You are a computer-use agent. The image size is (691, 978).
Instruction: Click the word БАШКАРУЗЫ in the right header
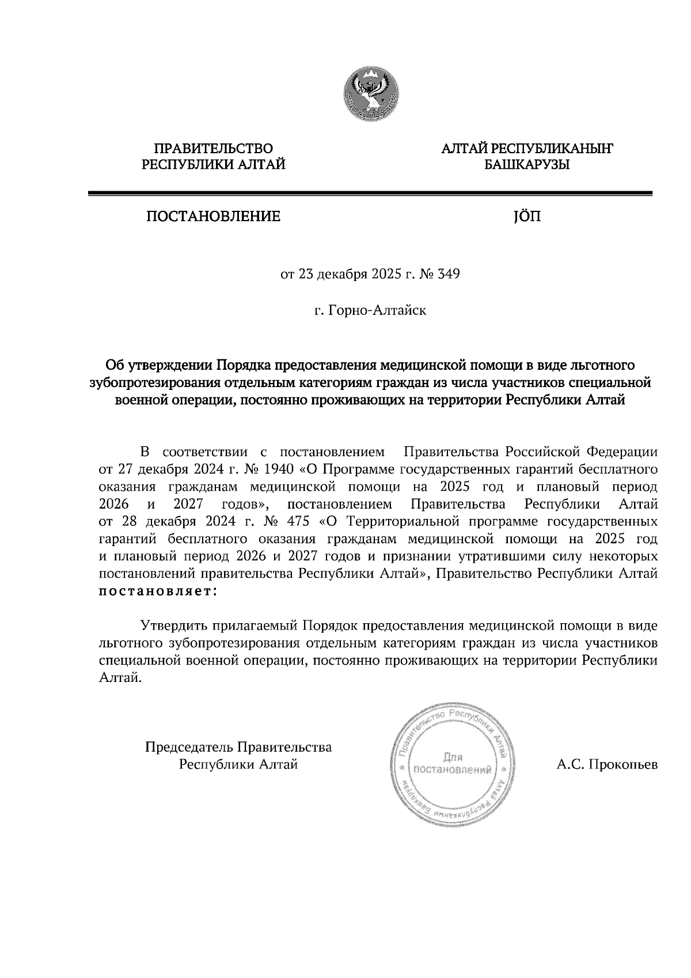526,166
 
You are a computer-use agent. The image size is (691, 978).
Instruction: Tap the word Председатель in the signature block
188,748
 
